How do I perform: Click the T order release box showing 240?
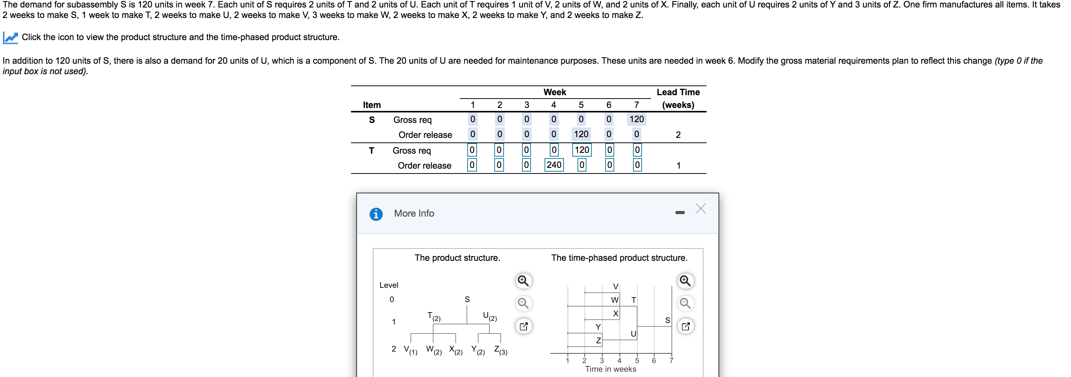(x=554, y=165)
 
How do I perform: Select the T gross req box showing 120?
(x=581, y=150)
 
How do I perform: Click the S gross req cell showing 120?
(x=636, y=119)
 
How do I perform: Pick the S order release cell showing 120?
(x=581, y=134)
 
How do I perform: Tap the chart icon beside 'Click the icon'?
(x=10, y=38)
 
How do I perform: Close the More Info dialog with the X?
(x=700, y=209)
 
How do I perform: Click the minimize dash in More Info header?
(x=680, y=212)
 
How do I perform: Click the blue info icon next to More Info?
(x=376, y=214)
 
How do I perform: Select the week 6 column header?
(x=609, y=105)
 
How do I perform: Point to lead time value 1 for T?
(x=678, y=165)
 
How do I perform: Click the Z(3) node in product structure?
(x=500, y=350)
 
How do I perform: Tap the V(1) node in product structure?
(x=410, y=350)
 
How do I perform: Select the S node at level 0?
(x=467, y=299)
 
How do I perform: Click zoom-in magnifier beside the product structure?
(x=523, y=281)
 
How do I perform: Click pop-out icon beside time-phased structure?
(x=685, y=326)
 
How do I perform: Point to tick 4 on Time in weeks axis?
(x=619, y=361)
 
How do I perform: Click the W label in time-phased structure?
(x=615, y=300)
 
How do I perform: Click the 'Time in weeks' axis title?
(x=610, y=369)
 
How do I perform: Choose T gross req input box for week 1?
(x=471, y=150)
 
